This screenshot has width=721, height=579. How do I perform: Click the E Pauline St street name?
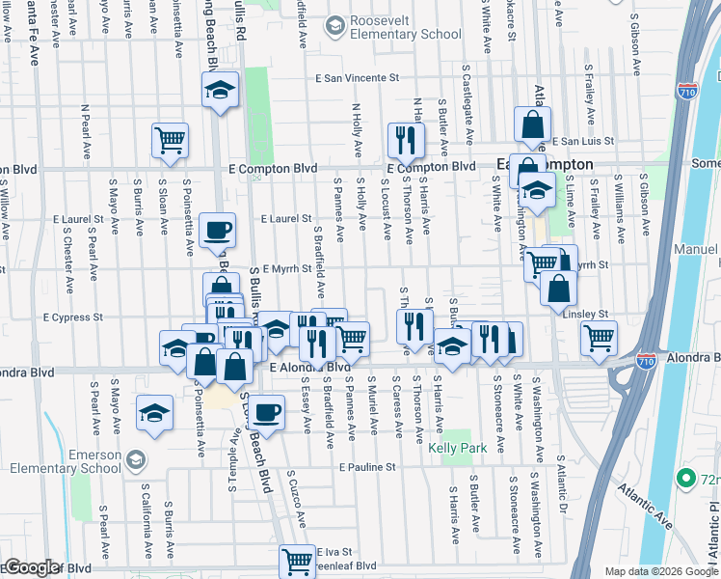click(367, 467)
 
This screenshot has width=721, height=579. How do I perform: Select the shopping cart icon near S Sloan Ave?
click(170, 141)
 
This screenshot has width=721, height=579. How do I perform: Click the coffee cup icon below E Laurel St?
click(217, 231)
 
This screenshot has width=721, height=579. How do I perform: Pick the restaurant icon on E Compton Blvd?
click(406, 140)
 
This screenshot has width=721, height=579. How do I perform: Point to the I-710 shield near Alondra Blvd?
click(647, 361)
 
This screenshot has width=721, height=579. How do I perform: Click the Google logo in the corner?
click(31, 567)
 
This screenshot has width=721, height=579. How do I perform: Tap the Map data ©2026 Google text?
click(660, 571)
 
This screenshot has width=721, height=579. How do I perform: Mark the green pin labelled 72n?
click(685, 478)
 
